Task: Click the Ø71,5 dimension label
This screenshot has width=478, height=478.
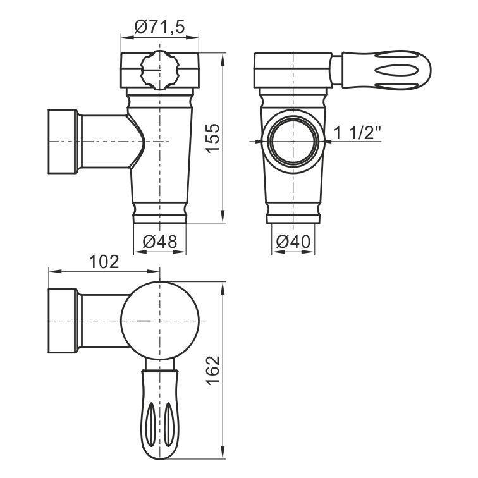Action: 160,27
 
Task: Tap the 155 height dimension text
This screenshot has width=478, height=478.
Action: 212,137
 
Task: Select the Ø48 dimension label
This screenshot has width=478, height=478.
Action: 160,242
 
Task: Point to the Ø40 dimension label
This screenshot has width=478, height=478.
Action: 293,242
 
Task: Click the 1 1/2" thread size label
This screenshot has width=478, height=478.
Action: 358,133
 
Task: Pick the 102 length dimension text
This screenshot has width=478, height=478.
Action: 104,262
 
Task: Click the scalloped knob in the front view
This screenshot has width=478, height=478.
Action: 160,70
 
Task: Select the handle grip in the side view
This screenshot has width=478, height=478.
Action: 386,70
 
